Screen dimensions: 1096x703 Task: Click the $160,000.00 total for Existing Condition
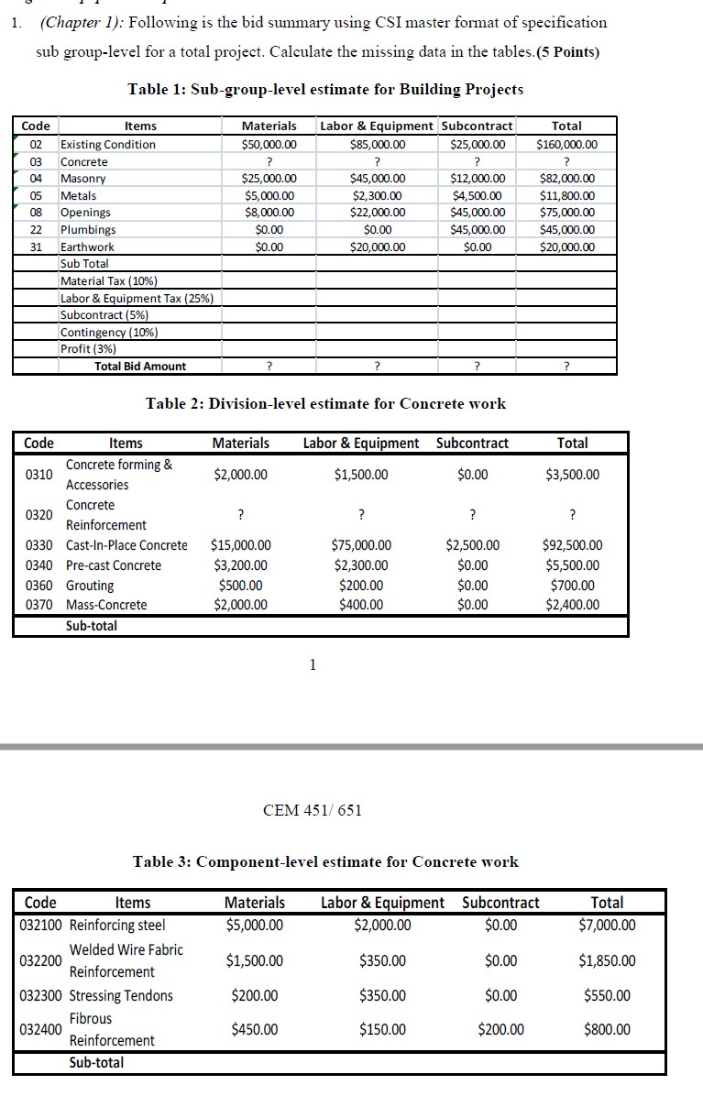(566, 144)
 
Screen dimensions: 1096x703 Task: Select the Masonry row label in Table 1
(82, 179)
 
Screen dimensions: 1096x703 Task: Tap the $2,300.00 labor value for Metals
(378, 195)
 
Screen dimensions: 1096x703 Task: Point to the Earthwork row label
(87, 247)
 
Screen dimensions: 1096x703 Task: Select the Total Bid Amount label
(140, 366)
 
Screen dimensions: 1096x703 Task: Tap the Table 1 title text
(325, 89)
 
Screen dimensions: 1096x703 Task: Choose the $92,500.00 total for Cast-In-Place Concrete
(572, 545)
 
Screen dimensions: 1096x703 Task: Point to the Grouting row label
(90, 586)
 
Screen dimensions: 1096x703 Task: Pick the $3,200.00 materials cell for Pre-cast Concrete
(240, 565)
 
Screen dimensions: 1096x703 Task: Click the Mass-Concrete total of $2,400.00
(572, 605)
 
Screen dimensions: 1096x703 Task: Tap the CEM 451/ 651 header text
(313, 809)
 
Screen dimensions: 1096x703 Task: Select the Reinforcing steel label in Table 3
(117, 925)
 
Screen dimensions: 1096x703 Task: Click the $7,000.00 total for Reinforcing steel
(607, 925)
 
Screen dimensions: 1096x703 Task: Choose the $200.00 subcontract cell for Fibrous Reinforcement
(500, 1029)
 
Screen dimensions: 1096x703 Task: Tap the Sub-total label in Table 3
(96, 1063)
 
